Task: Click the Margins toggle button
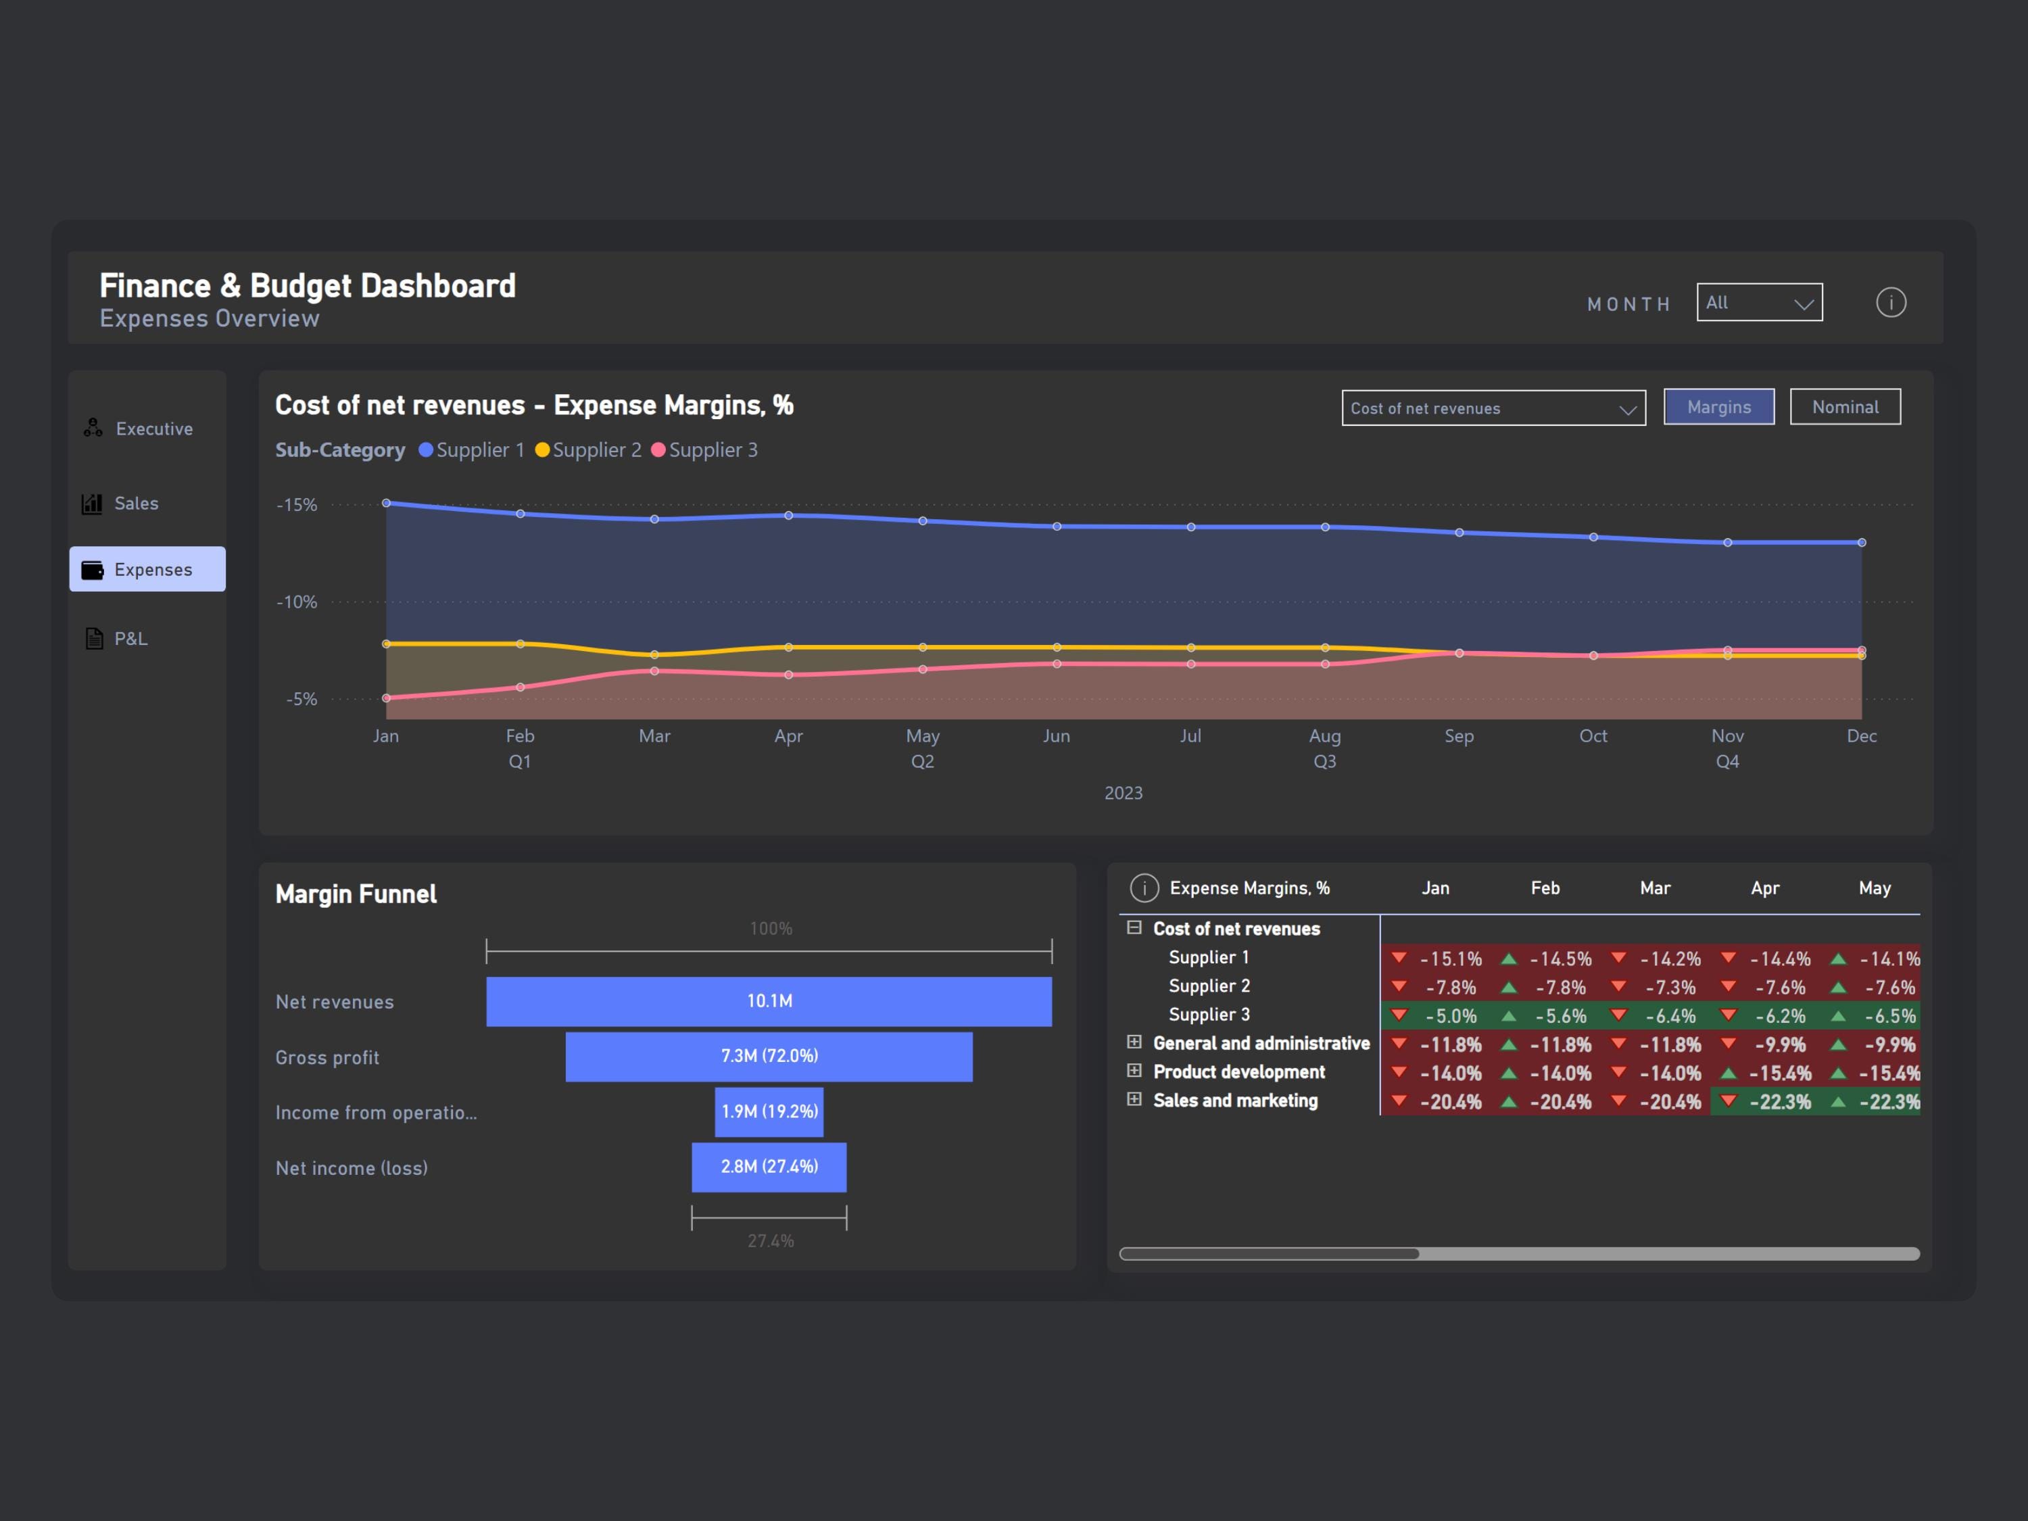pos(1718,407)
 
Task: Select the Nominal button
pos(1845,407)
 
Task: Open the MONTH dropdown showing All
pos(1758,303)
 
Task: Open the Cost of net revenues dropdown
pos(1493,408)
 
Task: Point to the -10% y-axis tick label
pos(297,602)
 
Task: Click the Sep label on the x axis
pos(1459,736)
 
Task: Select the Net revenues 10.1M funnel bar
pos(769,1001)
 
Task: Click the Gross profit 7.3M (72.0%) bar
pos(769,1056)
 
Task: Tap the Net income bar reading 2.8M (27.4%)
pos(769,1167)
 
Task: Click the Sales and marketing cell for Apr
pos(1766,1102)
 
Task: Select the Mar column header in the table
pos(1655,888)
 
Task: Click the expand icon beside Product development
pos(1134,1071)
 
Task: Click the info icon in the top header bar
pos(1891,303)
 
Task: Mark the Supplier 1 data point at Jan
pos(386,504)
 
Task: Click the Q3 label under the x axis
pos(1324,762)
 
